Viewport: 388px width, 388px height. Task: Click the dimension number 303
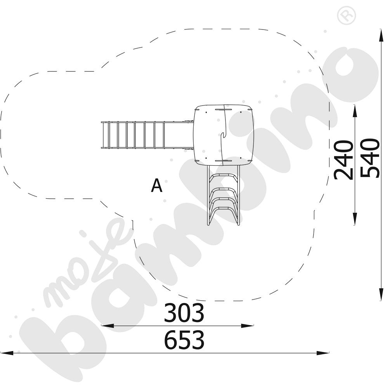pyautogui.click(x=184, y=313)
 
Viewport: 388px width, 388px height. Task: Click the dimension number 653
pyautogui.click(x=185, y=340)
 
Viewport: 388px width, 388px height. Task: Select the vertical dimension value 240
pyautogui.click(x=343, y=160)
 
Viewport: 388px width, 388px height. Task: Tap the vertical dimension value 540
pyautogui.click(x=370, y=158)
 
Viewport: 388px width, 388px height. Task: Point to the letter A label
pyautogui.click(x=157, y=185)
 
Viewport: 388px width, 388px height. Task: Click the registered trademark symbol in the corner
pyautogui.click(x=346, y=16)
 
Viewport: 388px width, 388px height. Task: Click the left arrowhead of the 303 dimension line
pyautogui.click(x=107, y=326)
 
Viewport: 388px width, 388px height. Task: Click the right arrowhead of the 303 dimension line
pyautogui.click(x=248, y=326)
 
